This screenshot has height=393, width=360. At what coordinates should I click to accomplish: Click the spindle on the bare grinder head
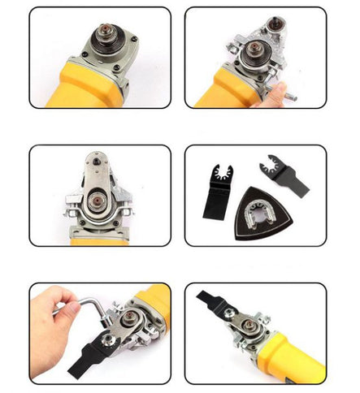pyautogui.click(x=104, y=39)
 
